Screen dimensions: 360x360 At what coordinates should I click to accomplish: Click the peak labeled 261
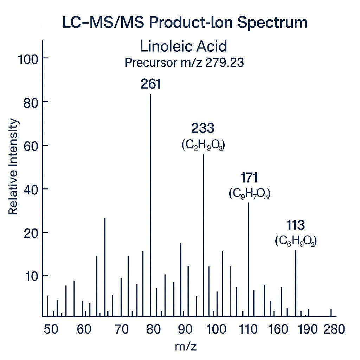[150, 204]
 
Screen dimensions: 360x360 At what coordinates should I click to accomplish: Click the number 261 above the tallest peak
[150, 84]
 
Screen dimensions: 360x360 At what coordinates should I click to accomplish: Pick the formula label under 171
[249, 193]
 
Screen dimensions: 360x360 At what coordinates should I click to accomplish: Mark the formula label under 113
[296, 241]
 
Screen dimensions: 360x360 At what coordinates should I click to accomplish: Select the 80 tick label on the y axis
[31, 102]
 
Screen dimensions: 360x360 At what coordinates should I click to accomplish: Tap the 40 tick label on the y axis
[31, 189]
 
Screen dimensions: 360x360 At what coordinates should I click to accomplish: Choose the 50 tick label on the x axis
[51, 329]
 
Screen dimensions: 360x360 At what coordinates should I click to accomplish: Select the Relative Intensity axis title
[13, 167]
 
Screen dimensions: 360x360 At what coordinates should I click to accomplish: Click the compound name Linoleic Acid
[183, 47]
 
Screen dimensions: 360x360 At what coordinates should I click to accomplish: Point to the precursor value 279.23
[224, 63]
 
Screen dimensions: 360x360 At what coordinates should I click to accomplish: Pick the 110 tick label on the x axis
[248, 329]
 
